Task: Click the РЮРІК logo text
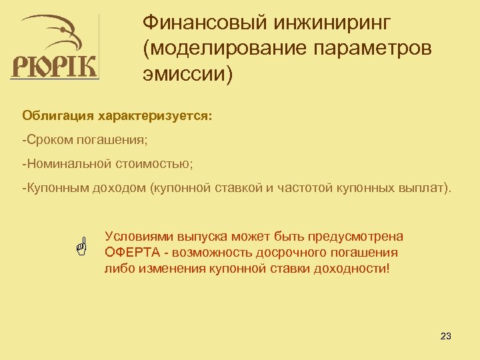(55, 66)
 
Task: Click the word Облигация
(58, 117)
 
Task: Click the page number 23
(446, 336)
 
